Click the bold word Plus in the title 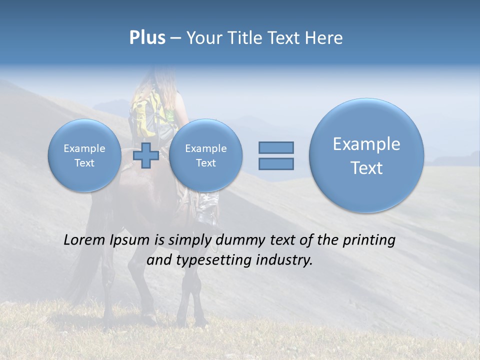(x=147, y=38)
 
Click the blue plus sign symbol (x=146, y=155)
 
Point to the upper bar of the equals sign (x=276, y=147)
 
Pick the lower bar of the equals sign (x=276, y=163)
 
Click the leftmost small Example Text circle (x=84, y=155)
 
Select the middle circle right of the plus (x=205, y=155)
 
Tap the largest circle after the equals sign (x=366, y=155)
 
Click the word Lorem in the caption (x=85, y=240)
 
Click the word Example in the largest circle (x=366, y=144)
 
